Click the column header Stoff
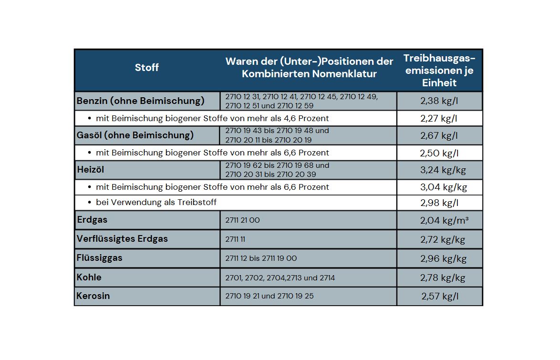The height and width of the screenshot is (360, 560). click(146, 68)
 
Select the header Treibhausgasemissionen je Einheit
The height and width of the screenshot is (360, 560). click(439, 71)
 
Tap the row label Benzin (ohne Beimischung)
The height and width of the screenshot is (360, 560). click(140, 101)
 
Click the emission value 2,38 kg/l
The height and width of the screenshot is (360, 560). click(439, 101)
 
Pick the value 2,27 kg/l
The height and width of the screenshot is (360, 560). click(439, 118)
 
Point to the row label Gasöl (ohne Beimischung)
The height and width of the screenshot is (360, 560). click(135, 135)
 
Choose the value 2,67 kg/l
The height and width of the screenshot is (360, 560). click(439, 135)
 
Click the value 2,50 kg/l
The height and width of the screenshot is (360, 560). click(439, 153)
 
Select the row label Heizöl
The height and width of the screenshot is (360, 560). click(90, 170)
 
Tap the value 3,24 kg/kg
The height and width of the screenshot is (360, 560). click(443, 170)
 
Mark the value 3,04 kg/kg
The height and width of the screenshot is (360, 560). click(443, 187)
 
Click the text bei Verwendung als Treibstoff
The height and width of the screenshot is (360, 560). click(156, 202)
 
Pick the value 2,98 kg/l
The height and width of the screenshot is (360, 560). click(439, 203)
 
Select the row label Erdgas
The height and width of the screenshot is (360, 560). click(92, 220)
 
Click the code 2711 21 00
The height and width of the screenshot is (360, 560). click(242, 220)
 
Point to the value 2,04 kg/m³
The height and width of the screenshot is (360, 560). click(443, 220)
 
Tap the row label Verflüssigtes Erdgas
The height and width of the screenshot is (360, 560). click(122, 239)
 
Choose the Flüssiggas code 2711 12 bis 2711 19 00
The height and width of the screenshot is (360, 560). click(261, 258)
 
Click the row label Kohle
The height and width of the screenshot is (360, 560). click(89, 277)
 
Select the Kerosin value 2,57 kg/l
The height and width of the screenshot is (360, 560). click(439, 296)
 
